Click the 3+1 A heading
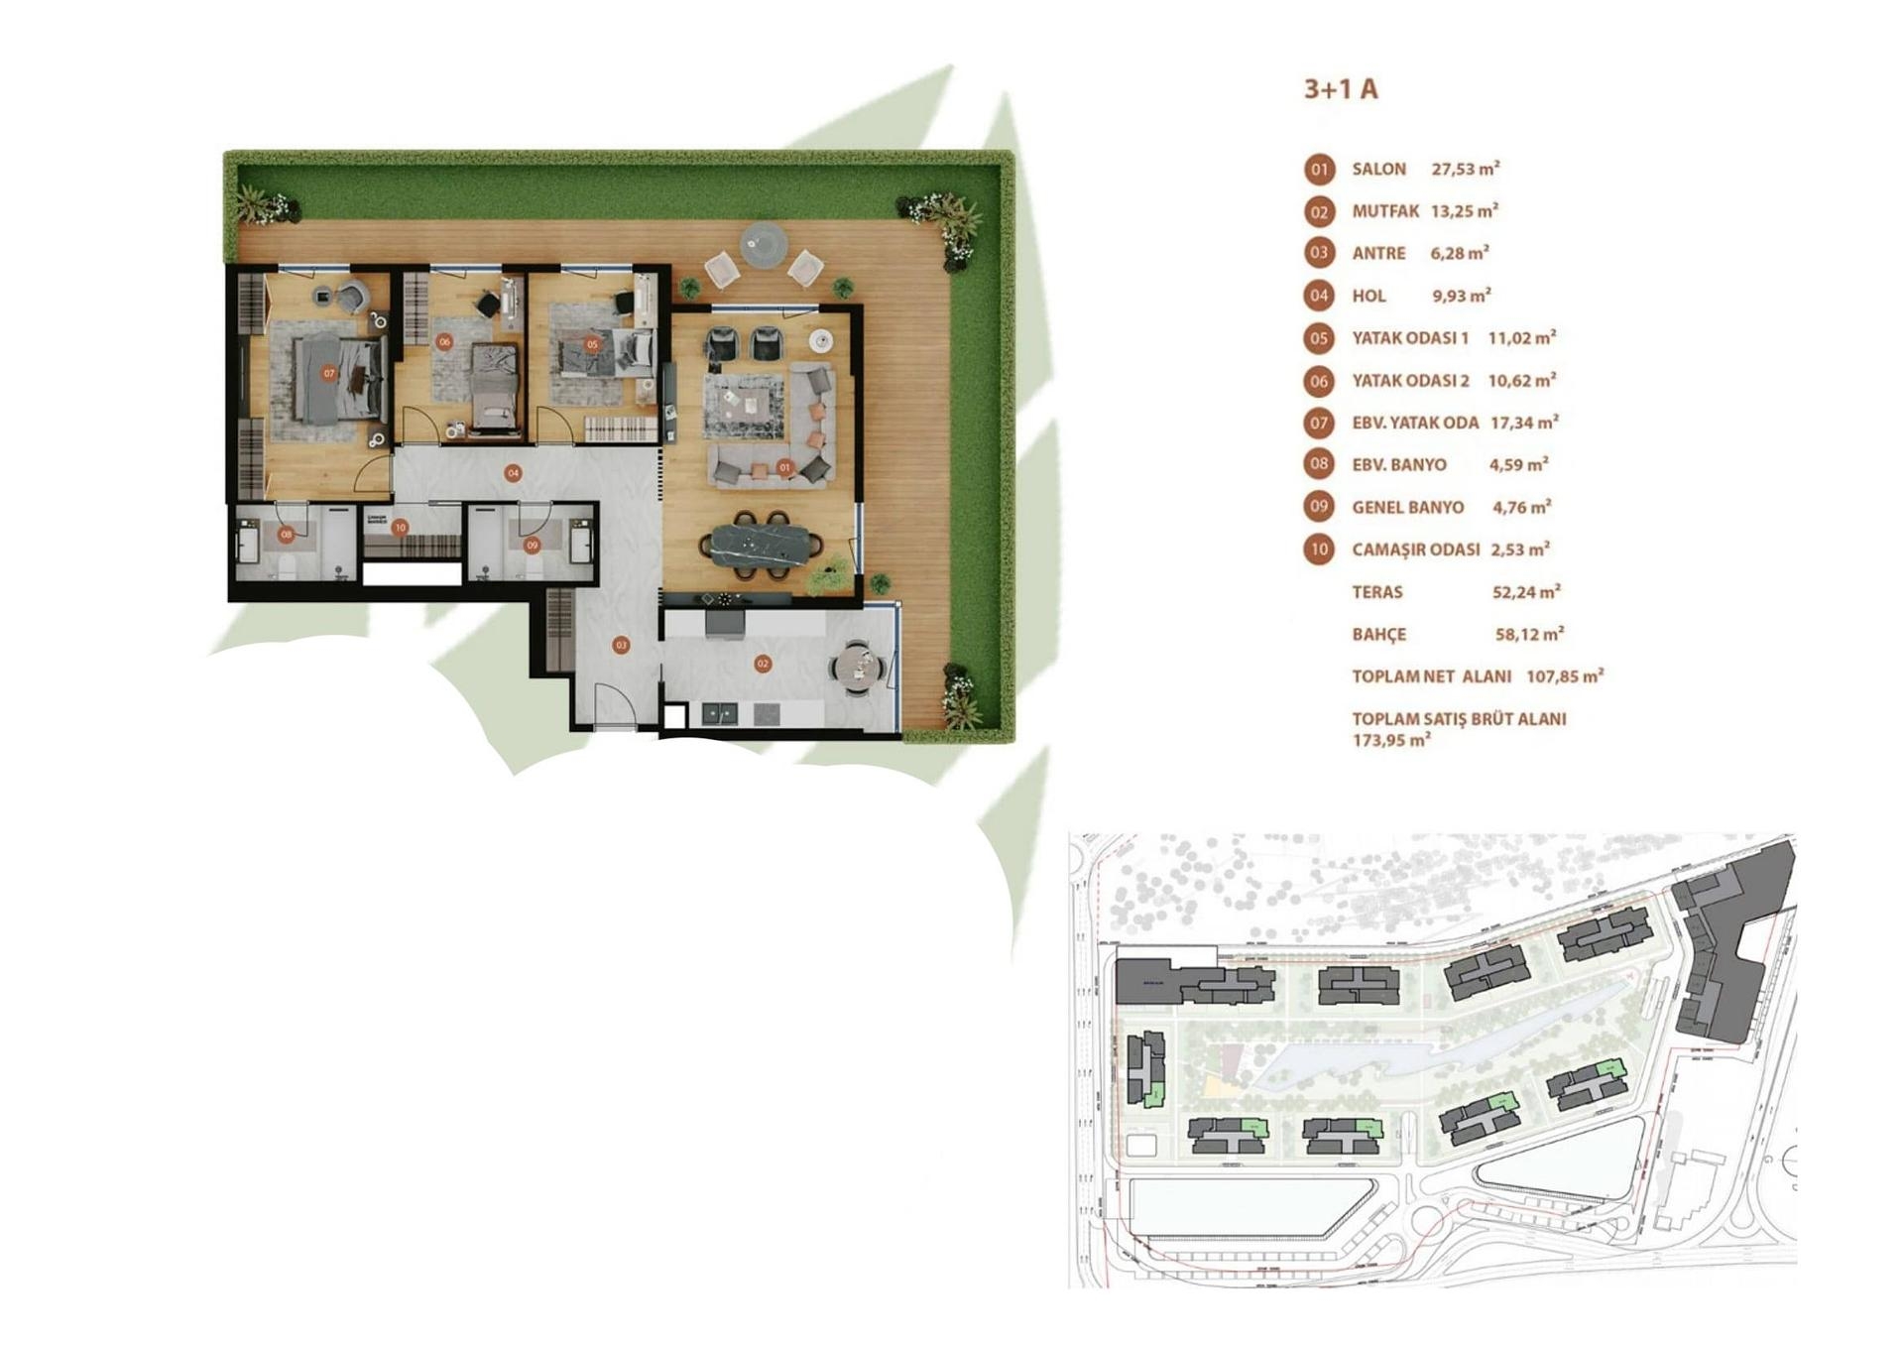1340,89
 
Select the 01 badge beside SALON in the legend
1319,170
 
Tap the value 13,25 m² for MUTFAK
1464,211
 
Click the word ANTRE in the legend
1378,254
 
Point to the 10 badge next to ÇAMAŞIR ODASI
1319,550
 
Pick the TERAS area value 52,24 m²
1525,592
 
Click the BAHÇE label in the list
1378,635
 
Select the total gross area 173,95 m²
1390,740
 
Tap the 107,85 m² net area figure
1564,676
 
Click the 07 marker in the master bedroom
329,374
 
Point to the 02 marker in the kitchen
763,664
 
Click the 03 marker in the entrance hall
621,645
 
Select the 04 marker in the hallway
513,473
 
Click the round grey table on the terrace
764,241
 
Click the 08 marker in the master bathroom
286,535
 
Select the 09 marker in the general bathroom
533,545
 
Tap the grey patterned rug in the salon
744,402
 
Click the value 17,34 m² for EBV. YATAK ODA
1523,423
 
